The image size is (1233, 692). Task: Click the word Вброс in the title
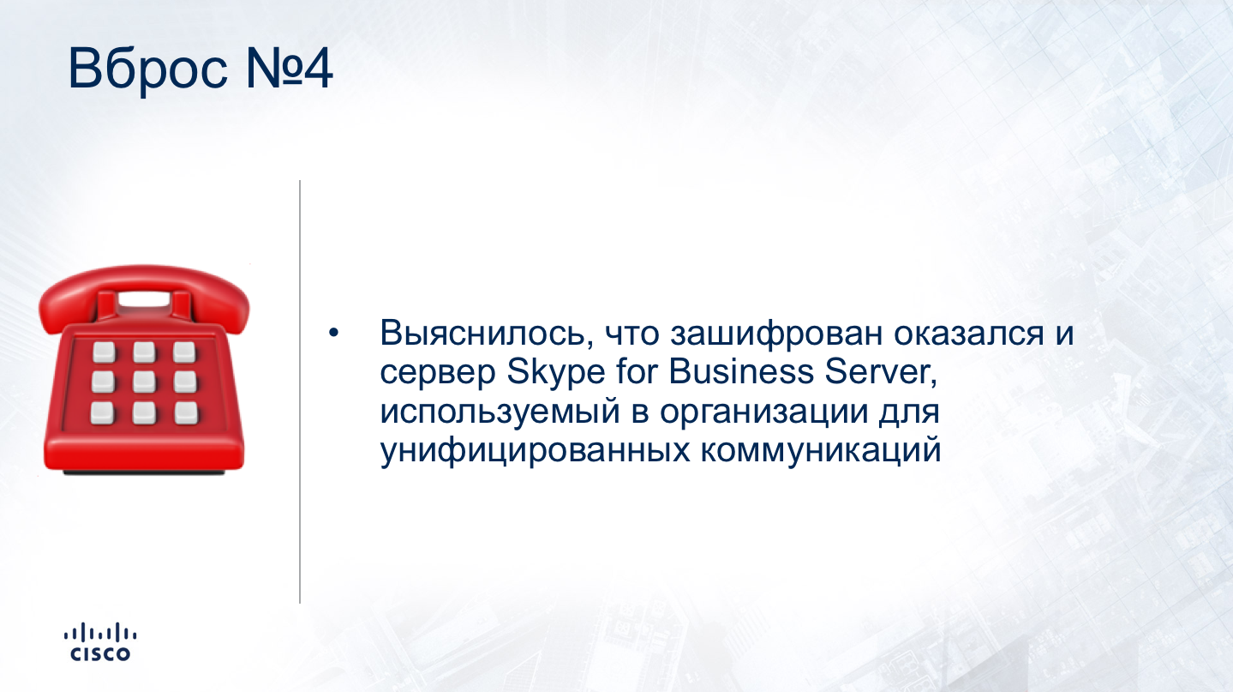click(x=147, y=70)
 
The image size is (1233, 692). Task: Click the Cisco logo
click(x=100, y=642)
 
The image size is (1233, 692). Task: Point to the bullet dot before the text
click(x=333, y=333)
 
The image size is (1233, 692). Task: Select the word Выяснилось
click(x=487, y=334)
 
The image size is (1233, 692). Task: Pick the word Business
click(x=741, y=372)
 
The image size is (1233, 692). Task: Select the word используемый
click(x=500, y=413)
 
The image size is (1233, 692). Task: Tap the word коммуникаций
click(x=821, y=451)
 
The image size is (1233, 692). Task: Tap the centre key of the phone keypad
click(x=144, y=382)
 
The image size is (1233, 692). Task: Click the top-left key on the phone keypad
click(x=104, y=352)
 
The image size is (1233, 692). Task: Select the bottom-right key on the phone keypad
click(x=186, y=412)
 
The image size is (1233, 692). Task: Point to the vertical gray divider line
click(x=300, y=392)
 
